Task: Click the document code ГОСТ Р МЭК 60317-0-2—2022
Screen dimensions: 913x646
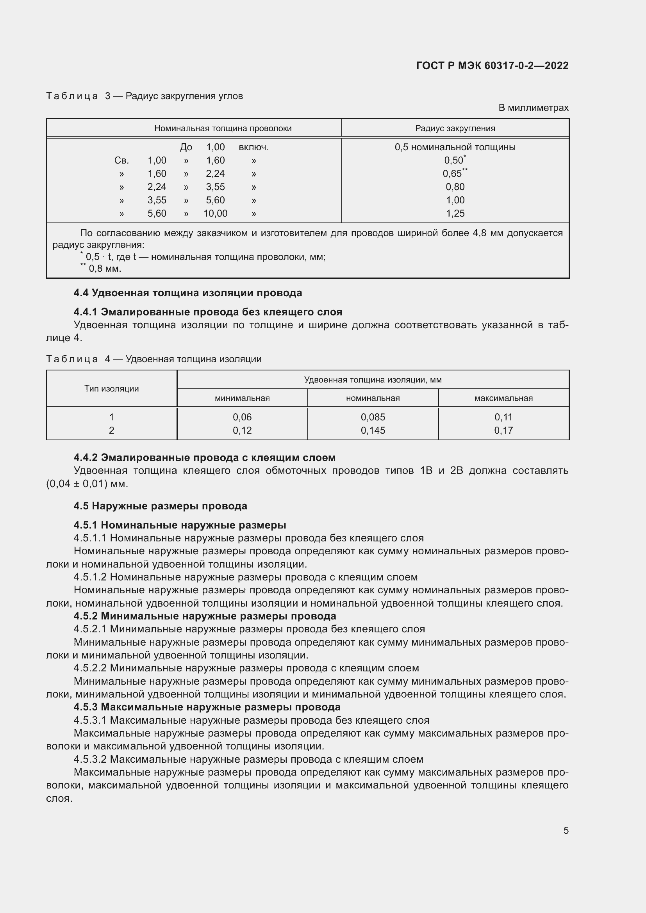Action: coord(492,66)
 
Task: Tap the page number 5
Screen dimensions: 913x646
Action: coord(566,830)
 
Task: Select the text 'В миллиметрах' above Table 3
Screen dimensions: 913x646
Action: coord(533,108)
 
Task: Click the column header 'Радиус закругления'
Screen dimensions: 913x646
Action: coord(455,128)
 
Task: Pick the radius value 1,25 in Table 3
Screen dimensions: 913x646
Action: coord(455,214)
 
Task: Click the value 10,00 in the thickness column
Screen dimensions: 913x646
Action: coord(215,214)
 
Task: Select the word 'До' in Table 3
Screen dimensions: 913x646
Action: coord(186,148)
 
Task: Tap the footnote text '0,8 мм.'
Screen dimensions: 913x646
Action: coord(105,269)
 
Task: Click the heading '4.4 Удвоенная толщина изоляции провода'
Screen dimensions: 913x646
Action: coord(187,293)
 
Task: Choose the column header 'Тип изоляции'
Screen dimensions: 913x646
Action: coord(111,388)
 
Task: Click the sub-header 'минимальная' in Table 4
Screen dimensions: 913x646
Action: coord(242,398)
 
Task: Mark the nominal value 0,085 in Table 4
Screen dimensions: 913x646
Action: coord(373,417)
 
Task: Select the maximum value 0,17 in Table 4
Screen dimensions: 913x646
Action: coord(503,430)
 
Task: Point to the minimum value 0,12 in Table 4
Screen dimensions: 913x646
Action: coord(242,430)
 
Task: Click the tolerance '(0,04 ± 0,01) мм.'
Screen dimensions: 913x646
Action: coord(87,484)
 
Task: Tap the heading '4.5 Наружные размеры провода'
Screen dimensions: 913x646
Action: coord(160,506)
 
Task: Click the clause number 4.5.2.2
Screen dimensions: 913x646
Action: coord(90,668)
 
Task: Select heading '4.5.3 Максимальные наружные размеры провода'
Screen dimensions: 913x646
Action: coord(207,707)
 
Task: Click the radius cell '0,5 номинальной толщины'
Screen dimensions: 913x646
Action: coord(455,148)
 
